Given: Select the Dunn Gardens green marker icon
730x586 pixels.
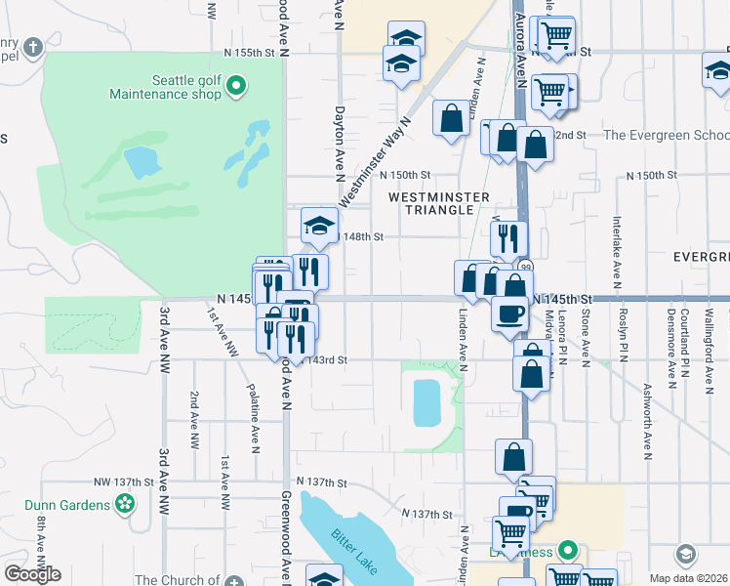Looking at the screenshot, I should [x=125, y=504].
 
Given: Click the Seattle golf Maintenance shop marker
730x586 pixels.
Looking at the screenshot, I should [x=235, y=88].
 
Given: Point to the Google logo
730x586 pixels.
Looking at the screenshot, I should [x=32, y=574].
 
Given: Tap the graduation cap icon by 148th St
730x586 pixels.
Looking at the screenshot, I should [x=319, y=225].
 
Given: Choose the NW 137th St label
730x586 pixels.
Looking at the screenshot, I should [x=124, y=482].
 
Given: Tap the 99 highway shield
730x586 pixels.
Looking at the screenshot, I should [x=526, y=267].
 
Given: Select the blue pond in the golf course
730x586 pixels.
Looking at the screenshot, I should [x=142, y=159].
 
